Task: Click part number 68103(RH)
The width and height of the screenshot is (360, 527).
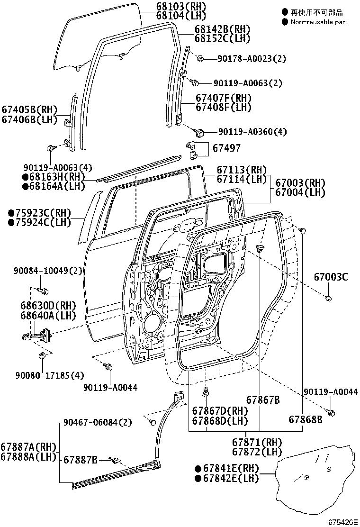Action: point(181,6)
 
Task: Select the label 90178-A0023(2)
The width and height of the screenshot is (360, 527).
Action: point(252,59)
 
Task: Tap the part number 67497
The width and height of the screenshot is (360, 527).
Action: point(227,148)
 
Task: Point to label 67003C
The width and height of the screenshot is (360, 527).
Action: point(331,277)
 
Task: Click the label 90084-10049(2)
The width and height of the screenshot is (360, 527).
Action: point(48,271)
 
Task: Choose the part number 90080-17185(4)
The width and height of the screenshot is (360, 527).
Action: point(50,375)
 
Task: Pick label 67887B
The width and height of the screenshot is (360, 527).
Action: point(80,459)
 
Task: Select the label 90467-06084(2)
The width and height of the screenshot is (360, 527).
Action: point(98,422)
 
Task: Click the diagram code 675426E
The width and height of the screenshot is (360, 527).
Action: point(342,522)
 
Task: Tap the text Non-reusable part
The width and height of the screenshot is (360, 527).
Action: point(319,22)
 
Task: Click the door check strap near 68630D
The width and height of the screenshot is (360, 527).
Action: point(37,336)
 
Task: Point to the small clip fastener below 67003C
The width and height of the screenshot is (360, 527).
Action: point(328,298)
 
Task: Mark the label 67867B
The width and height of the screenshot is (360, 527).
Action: point(263,400)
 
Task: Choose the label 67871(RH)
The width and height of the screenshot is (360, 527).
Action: point(257,442)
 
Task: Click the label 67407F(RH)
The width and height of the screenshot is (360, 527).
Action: point(224,98)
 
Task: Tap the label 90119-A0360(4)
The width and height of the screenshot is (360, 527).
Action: point(252,131)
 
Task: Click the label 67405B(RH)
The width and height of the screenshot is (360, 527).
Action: point(29,110)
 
